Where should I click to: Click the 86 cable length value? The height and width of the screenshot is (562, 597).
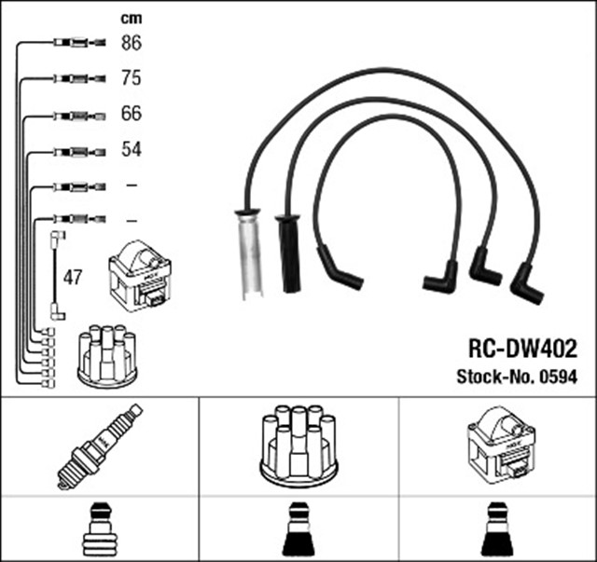pos(132,42)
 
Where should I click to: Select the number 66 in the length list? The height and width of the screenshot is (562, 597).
pos(132,114)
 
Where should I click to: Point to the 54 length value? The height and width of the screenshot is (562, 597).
pos(132,149)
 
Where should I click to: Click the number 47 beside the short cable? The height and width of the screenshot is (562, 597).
pos(72,277)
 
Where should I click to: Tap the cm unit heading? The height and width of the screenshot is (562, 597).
pos(132,18)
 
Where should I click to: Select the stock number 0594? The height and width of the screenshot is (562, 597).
pos(558,377)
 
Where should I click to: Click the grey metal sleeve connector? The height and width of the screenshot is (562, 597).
pos(248,253)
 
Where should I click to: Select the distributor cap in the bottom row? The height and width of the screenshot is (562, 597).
pos(298,445)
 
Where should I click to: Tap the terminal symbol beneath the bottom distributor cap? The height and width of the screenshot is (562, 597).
pos(298,529)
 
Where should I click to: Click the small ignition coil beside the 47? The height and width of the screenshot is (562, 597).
pos(140,276)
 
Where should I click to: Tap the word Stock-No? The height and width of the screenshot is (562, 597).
pos(493,377)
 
